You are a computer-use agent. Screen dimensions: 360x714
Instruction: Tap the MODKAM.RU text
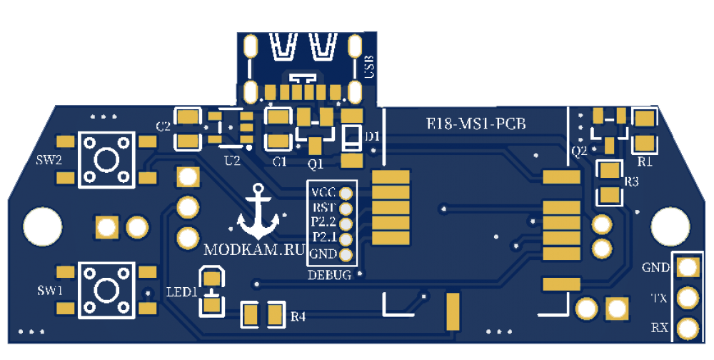tap(254, 251)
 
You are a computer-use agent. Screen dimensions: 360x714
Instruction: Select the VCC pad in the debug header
tap(346, 193)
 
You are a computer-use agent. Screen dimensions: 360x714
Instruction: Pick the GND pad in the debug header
tap(346, 254)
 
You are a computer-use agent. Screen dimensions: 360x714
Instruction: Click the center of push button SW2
tap(106, 159)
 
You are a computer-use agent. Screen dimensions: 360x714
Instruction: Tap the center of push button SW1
tap(106, 290)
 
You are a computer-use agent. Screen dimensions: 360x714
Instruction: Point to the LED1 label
tap(181, 292)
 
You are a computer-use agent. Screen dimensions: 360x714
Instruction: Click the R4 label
tap(298, 316)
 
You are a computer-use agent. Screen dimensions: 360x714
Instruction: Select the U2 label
tap(232, 161)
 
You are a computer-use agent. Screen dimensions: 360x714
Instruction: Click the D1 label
tap(372, 136)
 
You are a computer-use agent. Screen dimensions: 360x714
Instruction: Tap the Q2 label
tap(579, 151)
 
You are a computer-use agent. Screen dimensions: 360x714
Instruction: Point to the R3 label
tap(631, 181)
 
